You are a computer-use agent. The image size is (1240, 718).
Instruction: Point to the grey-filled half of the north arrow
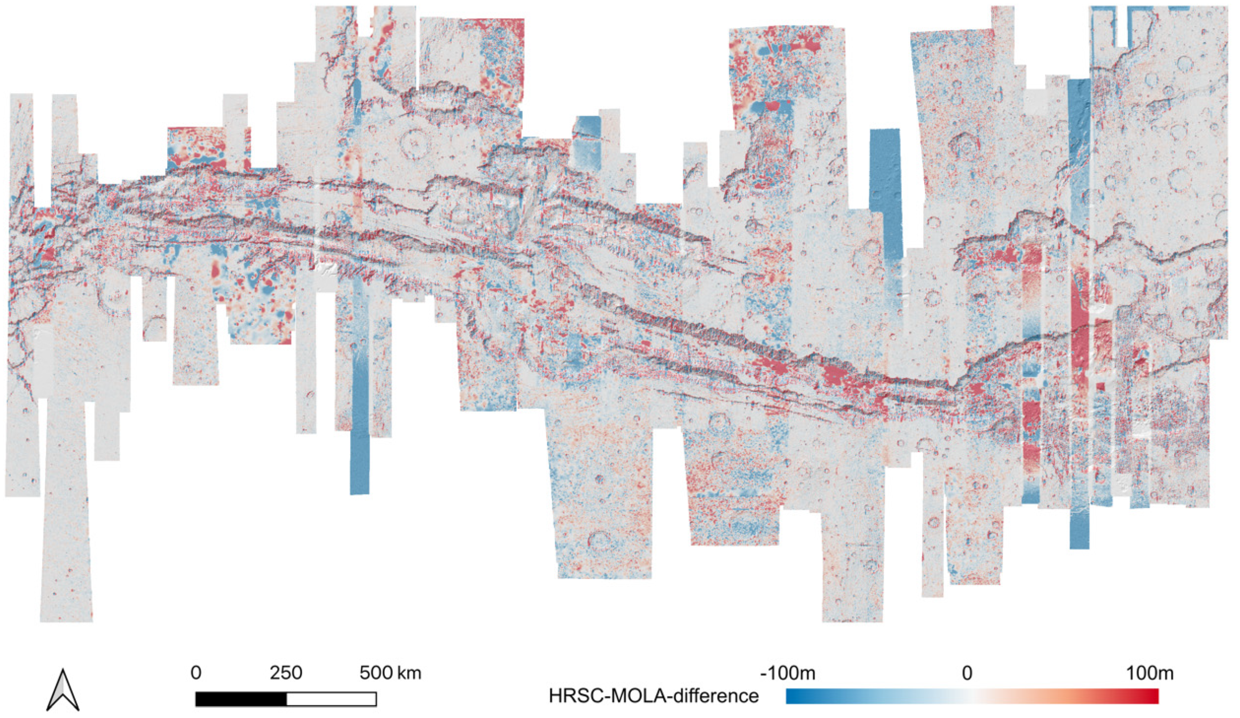pyautogui.click(x=59, y=691)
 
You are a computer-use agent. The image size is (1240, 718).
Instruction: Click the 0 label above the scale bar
pyautogui.click(x=196, y=673)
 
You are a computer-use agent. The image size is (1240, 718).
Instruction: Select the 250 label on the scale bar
pyautogui.click(x=286, y=673)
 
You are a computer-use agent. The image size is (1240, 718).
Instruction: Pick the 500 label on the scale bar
pyautogui.click(x=376, y=673)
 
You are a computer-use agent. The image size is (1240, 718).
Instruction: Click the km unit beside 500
pyautogui.click(x=410, y=673)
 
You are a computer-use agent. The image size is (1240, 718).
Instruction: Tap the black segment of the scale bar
pyautogui.click(x=241, y=699)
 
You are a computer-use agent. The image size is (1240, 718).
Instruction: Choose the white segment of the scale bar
pyautogui.click(x=331, y=699)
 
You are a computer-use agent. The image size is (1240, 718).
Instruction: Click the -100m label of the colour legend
pyautogui.click(x=787, y=673)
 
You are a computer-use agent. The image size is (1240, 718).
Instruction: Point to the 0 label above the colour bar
pyautogui.click(x=967, y=673)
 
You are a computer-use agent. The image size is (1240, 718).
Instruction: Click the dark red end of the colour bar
pyautogui.click(x=1155, y=696)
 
